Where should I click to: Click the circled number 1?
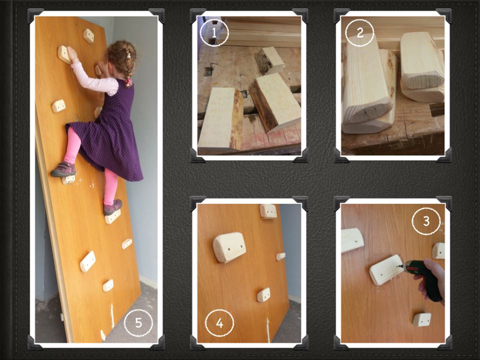tap(214, 32)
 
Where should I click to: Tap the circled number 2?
tap(359, 32)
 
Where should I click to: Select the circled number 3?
tap(426, 221)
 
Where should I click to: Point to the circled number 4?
tap(219, 322)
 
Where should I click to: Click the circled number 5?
tap(138, 322)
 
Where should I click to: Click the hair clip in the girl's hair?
tap(129, 55)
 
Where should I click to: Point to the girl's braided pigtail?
tap(127, 72)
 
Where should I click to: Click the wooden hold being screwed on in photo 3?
tap(385, 269)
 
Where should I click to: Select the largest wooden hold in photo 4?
tap(229, 247)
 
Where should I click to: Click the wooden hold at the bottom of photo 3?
tap(422, 319)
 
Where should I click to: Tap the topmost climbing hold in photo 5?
tap(88, 36)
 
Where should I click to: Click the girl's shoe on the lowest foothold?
tap(112, 207)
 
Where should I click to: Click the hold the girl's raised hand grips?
tap(64, 54)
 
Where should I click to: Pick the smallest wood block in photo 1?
tap(269, 60)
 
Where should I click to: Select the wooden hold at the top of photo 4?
tap(268, 211)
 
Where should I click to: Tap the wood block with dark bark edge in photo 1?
tap(274, 102)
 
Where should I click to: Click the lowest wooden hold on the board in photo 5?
tap(108, 285)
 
